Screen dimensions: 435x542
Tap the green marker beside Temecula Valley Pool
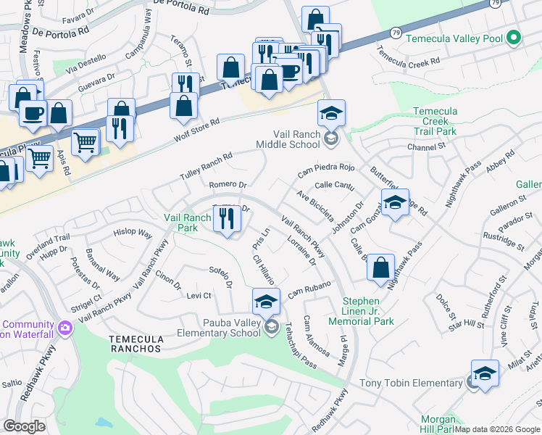tap(514, 36)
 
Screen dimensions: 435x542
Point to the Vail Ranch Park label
tap(187, 222)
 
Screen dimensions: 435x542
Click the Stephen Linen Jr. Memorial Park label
tap(361, 311)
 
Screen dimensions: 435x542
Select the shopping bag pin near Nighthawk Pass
tap(380, 268)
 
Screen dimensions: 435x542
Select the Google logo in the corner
tap(24, 426)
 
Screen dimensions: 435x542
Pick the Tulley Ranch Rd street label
tap(207, 167)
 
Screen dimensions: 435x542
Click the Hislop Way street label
tap(133, 233)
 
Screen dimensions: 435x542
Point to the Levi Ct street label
tap(199, 296)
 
